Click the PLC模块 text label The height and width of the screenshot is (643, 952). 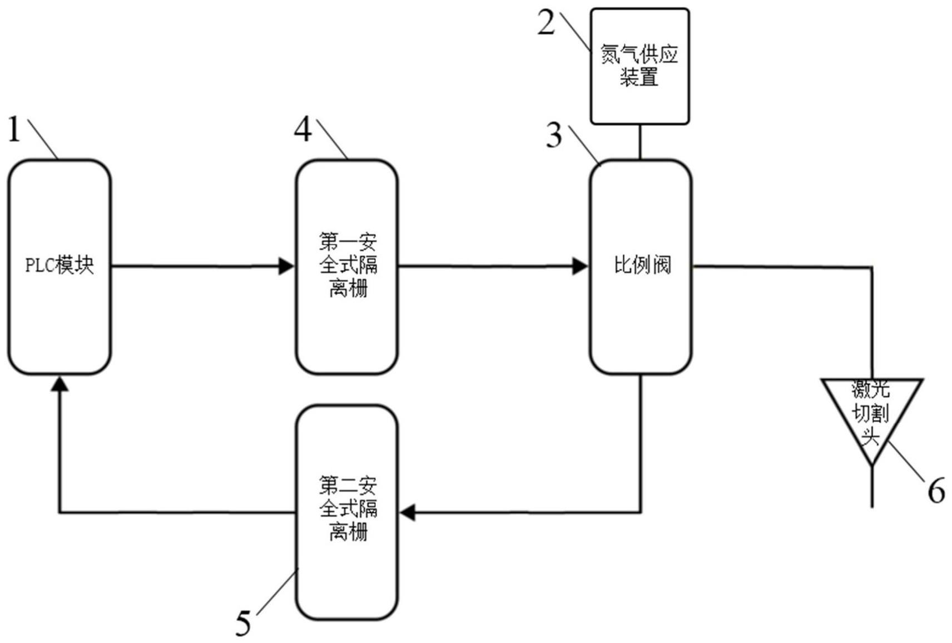(59, 265)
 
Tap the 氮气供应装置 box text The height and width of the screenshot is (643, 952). (639, 65)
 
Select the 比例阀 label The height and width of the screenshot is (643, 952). (642, 265)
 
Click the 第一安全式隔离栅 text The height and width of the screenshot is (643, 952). (348, 265)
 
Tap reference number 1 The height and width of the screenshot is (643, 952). (14, 130)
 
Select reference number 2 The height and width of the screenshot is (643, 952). (546, 23)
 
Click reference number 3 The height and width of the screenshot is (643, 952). (553, 135)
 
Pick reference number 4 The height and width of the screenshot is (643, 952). (303, 130)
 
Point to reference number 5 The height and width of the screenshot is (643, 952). (243, 623)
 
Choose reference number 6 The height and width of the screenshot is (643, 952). (936, 491)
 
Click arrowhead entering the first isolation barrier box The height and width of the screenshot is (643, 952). (286, 266)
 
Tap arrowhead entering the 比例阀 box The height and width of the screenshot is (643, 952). (580, 266)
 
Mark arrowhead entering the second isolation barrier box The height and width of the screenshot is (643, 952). (408, 512)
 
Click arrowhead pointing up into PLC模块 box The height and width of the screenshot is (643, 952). (59, 383)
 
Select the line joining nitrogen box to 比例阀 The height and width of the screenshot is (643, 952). (640, 142)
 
